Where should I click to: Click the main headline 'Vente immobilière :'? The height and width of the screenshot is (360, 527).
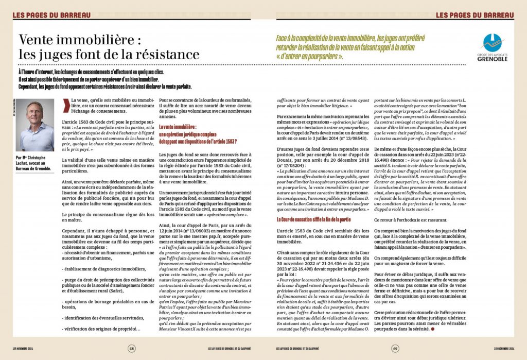79,39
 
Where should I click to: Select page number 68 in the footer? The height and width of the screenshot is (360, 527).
132,349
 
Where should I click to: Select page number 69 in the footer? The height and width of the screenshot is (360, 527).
395,349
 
